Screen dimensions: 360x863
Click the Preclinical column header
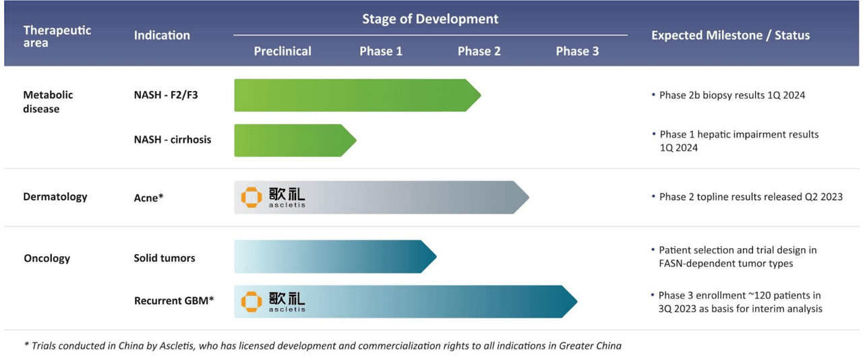point(282,51)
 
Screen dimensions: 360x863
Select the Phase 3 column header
point(577,51)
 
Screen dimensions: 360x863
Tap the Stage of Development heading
point(430,19)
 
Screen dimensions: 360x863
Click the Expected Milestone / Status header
point(730,35)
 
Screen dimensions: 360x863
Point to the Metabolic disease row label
point(48,102)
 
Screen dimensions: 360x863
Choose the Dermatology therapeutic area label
point(55,197)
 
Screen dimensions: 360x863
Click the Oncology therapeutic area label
point(47,258)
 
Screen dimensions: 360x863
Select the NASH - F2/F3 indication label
point(166,95)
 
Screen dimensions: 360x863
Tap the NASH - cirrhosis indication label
point(173,140)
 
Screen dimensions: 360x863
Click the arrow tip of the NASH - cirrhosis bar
point(353,140)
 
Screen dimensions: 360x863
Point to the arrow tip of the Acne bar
point(526,198)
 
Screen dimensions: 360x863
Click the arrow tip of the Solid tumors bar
point(434,257)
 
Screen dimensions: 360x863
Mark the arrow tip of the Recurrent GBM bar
point(574,301)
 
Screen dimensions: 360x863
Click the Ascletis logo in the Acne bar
point(273,197)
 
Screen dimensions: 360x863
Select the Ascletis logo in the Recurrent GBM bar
point(273,301)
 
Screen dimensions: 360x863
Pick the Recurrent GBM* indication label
point(174,301)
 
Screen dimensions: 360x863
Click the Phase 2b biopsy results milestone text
point(732,95)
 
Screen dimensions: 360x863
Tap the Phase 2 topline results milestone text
point(750,197)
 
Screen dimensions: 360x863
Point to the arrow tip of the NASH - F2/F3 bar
point(478,95)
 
